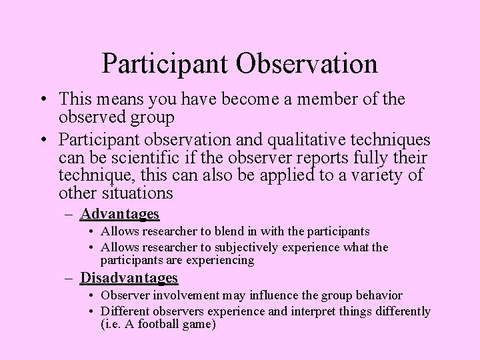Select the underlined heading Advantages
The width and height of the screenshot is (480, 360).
pos(119,214)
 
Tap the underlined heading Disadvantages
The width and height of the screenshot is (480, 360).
pos(129,277)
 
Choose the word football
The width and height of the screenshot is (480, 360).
pos(155,325)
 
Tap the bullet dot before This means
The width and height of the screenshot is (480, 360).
pos(42,100)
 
